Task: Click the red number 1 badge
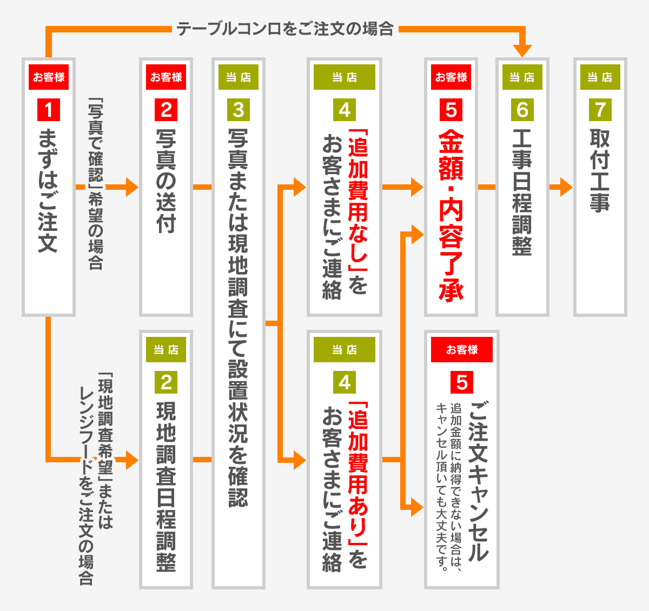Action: [x=49, y=110]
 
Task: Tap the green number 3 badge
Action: [x=239, y=110]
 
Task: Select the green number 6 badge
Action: [x=522, y=110]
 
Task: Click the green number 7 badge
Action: [x=600, y=110]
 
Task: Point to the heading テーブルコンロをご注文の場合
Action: [x=285, y=29]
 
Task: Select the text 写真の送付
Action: [x=166, y=181]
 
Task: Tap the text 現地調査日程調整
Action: [x=166, y=487]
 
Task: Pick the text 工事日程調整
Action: [x=522, y=192]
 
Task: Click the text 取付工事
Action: [x=600, y=170]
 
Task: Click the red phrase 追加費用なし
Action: [x=357, y=200]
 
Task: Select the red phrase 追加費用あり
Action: [x=357, y=473]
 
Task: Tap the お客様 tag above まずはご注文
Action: [x=49, y=77]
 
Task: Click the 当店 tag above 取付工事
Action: [x=600, y=77]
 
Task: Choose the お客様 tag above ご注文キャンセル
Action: [x=462, y=350]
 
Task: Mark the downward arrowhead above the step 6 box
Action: [x=522, y=51]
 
